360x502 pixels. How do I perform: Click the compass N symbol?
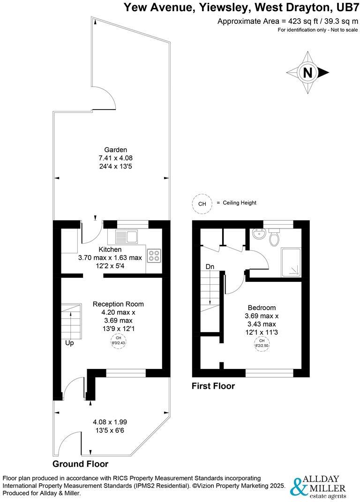point(307,73)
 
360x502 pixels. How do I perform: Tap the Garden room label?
point(109,150)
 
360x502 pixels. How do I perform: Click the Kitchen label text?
point(110,250)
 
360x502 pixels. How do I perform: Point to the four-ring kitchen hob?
point(154,256)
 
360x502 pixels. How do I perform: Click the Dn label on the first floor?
point(210,266)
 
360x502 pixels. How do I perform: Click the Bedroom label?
point(262,308)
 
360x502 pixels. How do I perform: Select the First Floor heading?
point(213,386)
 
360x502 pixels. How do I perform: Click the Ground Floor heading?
point(80,464)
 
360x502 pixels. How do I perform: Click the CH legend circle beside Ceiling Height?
point(202,204)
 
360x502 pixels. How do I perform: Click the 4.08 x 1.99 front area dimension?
point(111,421)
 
